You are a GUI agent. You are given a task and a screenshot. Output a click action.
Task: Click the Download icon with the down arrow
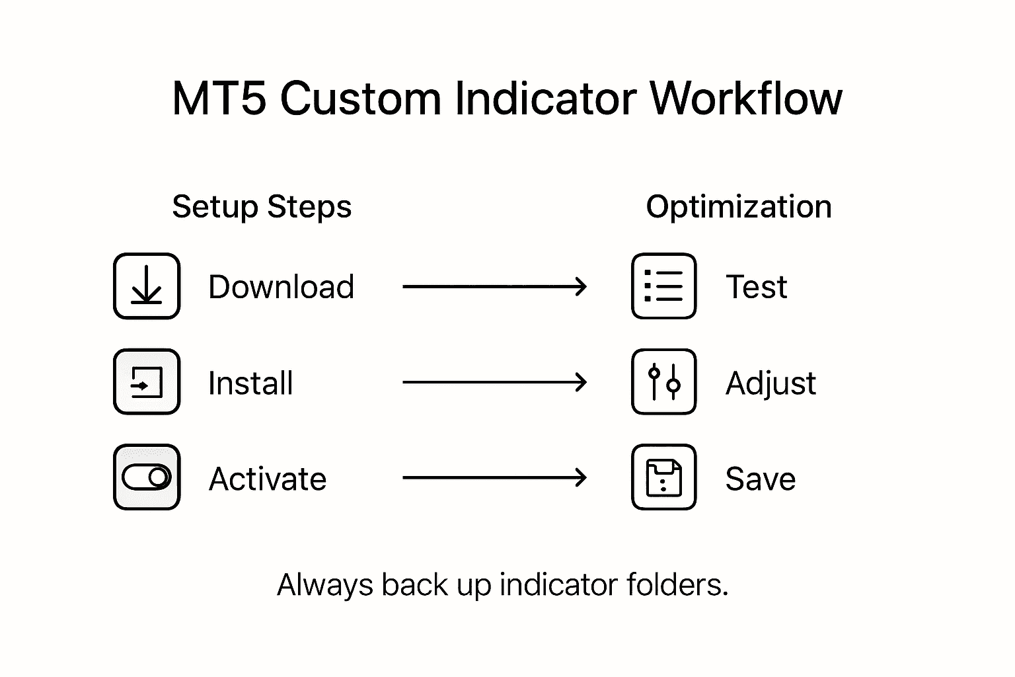pos(147,286)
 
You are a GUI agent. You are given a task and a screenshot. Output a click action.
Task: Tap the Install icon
pos(147,382)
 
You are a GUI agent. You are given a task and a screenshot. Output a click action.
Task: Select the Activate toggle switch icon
pos(147,477)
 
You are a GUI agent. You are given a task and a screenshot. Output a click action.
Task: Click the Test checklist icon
pos(663,286)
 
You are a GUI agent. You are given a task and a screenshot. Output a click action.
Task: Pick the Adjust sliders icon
pos(663,382)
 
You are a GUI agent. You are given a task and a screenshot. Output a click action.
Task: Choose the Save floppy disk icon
pos(663,477)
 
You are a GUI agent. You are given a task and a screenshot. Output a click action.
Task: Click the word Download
pos(281,287)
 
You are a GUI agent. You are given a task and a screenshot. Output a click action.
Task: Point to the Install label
pos(250,383)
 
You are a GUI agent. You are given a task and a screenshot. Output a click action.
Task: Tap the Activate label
pos(268,479)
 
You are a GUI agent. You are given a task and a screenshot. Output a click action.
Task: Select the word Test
pos(756,287)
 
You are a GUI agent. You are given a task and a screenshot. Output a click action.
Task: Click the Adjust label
pos(771,383)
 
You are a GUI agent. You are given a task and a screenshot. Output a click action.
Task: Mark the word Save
pos(760,479)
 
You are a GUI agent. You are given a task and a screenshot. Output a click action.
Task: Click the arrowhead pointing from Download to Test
pos(581,287)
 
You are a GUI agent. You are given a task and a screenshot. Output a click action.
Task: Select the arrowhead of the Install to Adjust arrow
pos(581,382)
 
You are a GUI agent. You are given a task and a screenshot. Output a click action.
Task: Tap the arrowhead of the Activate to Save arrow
pos(581,477)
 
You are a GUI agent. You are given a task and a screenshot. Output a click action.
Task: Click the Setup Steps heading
pos(262,207)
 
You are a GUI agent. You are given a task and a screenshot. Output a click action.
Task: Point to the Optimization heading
pos(738,207)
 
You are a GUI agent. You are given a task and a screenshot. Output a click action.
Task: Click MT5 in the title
pos(219,99)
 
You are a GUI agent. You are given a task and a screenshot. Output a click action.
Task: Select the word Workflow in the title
pos(746,99)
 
